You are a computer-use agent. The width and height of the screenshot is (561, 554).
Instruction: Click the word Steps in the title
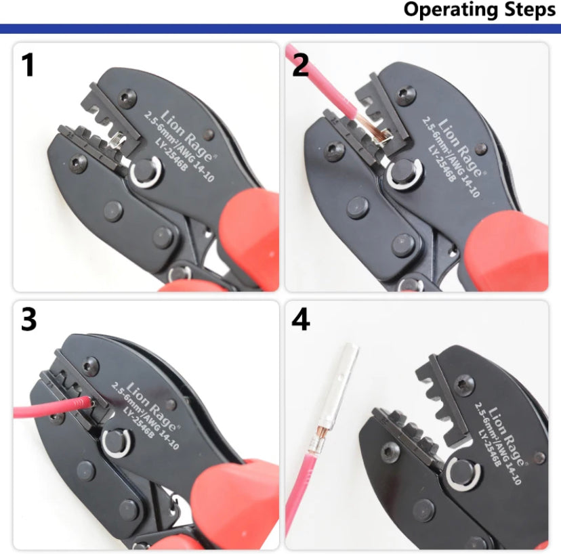click(x=530, y=9)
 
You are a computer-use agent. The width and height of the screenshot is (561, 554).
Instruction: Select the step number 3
click(x=28, y=320)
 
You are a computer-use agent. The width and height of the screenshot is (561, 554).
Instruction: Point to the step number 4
click(x=301, y=320)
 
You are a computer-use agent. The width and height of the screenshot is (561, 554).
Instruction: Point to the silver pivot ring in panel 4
click(x=463, y=475)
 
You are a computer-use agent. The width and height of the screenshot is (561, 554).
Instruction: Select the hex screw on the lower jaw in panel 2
click(x=335, y=151)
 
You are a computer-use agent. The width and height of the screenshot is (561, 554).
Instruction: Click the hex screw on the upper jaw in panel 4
click(x=464, y=385)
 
